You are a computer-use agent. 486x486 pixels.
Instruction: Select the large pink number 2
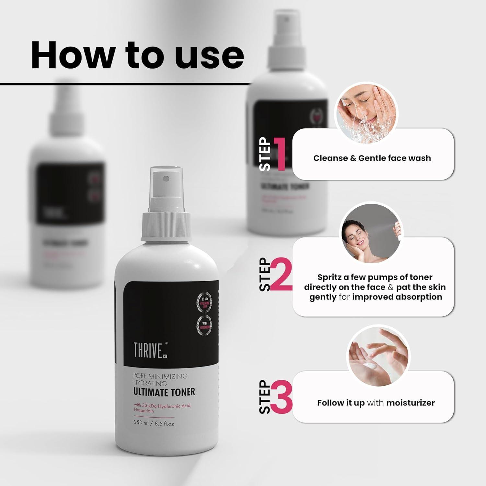[281, 275]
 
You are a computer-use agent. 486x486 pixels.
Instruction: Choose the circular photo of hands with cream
[378, 355]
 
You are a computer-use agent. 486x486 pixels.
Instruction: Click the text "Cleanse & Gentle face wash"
[372, 158]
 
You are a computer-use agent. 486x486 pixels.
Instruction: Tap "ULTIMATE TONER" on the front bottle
[164, 392]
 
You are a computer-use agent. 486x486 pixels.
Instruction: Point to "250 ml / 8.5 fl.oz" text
[154, 423]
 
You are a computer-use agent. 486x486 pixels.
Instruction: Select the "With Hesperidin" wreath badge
[204, 325]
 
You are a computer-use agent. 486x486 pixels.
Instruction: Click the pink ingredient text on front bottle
[162, 408]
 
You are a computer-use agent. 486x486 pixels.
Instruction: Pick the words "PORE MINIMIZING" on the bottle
[160, 376]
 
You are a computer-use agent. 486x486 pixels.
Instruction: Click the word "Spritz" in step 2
[329, 277]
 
